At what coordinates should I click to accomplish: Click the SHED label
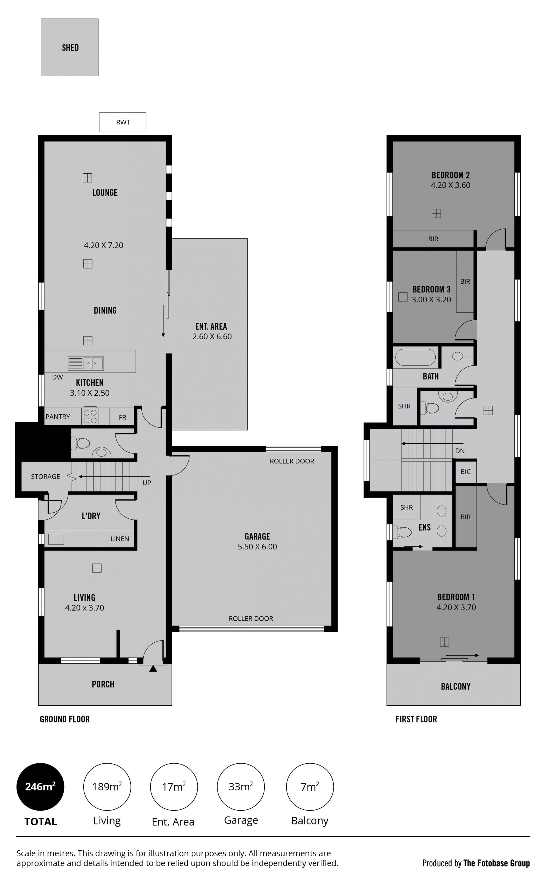tap(70, 48)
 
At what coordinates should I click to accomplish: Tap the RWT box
tap(122, 122)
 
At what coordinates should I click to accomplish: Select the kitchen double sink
tap(86, 363)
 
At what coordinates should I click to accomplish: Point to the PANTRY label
tap(57, 417)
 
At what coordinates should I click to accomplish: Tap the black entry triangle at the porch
tap(153, 668)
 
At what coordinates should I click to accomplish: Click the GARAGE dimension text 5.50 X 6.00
tap(257, 547)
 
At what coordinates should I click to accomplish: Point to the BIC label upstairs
tap(466, 471)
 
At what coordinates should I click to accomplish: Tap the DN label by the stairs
tap(460, 451)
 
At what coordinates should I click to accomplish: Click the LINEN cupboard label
tap(119, 539)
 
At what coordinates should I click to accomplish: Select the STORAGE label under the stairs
tap(45, 477)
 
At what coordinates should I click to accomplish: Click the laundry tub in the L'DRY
tap(56, 539)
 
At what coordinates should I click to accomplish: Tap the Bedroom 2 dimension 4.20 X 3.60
tap(450, 185)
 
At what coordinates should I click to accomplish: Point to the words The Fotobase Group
tap(497, 863)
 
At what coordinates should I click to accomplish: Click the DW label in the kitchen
tap(57, 377)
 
